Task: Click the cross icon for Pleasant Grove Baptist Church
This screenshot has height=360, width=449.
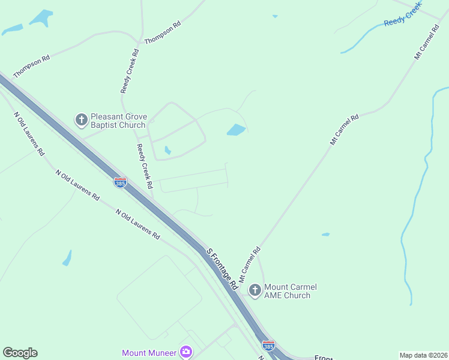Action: (81, 120)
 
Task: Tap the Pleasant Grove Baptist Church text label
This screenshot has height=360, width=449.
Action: (118, 121)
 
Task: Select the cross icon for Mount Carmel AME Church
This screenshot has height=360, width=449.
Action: (255, 291)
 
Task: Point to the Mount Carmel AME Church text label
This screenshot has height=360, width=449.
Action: (291, 291)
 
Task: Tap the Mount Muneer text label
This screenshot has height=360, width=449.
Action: (149, 353)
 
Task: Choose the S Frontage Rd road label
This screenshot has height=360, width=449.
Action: (223, 269)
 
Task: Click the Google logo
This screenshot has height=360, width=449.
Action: (20, 353)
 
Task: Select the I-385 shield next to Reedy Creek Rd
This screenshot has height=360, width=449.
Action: (120, 182)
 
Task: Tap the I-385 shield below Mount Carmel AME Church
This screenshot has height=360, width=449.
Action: (269, 346)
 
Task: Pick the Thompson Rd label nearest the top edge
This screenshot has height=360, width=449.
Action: (163, 33)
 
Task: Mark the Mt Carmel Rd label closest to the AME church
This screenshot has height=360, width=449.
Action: (250, 264)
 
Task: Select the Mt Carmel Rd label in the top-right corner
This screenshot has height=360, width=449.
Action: (427, 42)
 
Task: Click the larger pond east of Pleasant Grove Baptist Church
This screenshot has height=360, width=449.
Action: (237, 130)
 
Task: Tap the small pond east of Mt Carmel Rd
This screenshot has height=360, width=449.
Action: (325, 234)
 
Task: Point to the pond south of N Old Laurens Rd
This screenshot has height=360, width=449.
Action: (67, 259)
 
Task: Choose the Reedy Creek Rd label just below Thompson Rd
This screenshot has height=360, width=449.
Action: (130, 70)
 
